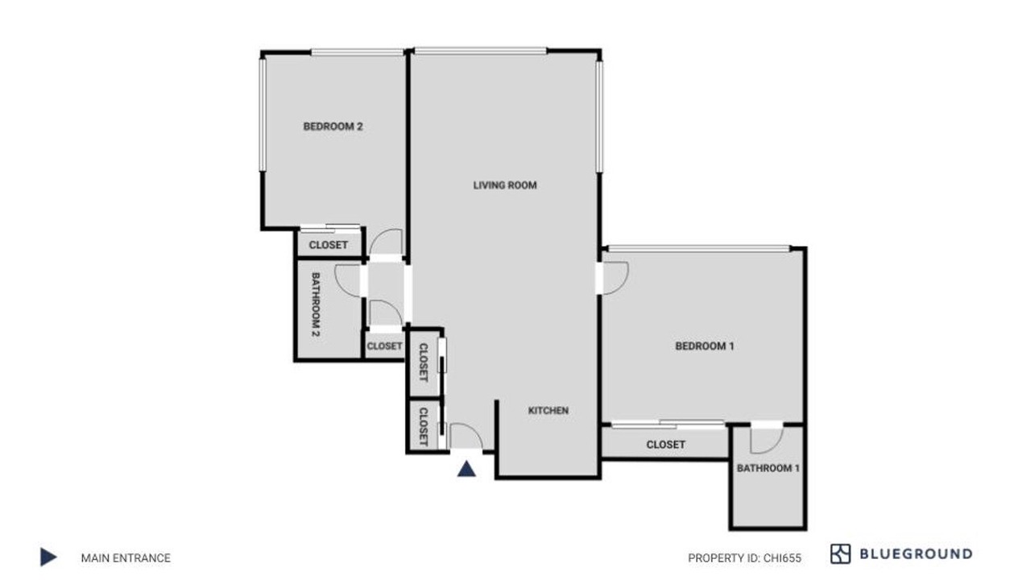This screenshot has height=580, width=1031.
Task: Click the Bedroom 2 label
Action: (x=333, y=126)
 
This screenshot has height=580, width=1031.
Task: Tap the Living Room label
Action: (x=505, y=185)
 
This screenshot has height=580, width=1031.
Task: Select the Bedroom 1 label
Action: (x=704, y=346)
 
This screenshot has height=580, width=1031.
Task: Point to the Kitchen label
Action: (x=549, y=410)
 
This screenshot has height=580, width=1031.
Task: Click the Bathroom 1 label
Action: (x=768, y=468)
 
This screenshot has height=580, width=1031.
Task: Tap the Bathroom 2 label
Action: (x=316, y=304)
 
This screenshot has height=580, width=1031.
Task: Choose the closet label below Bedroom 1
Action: (x=665, y=445)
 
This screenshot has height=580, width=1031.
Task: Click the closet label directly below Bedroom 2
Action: (x=328, y=245)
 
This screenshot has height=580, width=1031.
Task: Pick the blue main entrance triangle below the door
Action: (x=466, y=469)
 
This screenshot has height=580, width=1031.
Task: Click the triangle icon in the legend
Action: (x=48, y=557)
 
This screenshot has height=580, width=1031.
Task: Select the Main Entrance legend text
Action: (x=126, y=558)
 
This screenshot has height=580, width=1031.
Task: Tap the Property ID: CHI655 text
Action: (x=744, y=558)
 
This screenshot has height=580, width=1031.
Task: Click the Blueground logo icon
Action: (x=840, y=553)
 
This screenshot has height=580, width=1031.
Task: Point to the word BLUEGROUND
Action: (x=916, y=553)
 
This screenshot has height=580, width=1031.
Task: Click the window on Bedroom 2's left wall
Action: (x=263, y=115)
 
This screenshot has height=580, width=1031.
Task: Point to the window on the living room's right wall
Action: (x=598, y=117)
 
